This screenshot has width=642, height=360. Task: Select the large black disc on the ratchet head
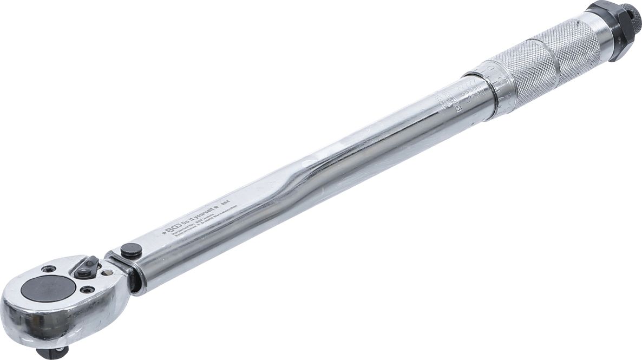coord(49,287)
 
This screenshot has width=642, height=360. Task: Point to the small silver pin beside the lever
coord(106,273)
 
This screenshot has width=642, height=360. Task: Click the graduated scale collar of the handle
coord(490,87)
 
